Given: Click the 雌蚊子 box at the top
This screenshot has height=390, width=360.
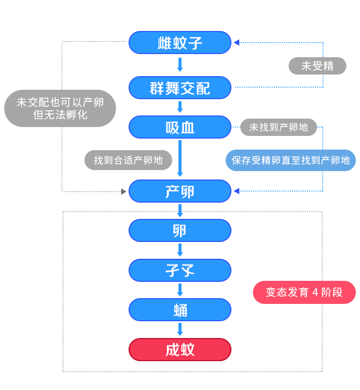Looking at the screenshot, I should pyautogui.click(x=179, y=43).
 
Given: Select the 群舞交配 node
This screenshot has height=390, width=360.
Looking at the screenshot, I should pyautogui.click(x=179, y=88).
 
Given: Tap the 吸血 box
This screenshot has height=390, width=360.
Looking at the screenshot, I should pyautogui.click(x=179, y=127).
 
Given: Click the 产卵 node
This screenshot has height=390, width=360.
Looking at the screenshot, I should pyautogui.click(x=179, y=191).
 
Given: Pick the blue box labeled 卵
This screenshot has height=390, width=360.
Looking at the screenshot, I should pyautogui.click(x=179, y=230).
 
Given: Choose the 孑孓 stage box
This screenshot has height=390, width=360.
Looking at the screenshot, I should pyautogui.click(x=179, y=270).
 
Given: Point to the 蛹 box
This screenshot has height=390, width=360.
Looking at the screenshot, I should pyautogui.click(x=179, y=310).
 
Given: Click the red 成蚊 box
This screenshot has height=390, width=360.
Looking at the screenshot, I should pyautogui.click(x=179, y=350).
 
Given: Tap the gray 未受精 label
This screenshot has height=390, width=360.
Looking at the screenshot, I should pyautogui.click(x=317, y=66).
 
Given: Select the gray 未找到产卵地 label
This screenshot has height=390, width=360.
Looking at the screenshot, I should pyautogui.click(x=278, y=127).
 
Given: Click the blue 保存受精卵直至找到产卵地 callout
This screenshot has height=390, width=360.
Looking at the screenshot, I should pyautogui.click(x=290, y=161).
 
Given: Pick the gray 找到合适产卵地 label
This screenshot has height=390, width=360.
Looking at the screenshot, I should pyautogui.click(x=128, y=161).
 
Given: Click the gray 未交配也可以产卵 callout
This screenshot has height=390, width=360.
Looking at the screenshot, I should pyautogui.click(x=60, y=109).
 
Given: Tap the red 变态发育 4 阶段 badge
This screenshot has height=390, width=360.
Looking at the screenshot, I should pyautogui.click(x=304, y=292).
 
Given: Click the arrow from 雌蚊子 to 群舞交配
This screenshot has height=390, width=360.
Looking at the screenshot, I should pyautogui.click(x=179, y=65).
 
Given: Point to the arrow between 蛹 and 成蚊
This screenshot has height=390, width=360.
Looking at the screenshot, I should pyautogui.click(x=179, y=329).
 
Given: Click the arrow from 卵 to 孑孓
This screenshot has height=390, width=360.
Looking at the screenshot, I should pyautogui.click(x=179, y=250).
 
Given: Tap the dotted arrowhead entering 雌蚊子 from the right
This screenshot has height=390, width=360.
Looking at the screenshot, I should pyautogui.click(x=236, y=43).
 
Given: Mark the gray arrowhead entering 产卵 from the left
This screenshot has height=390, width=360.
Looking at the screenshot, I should pyautogui.click(x=124, y=192).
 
